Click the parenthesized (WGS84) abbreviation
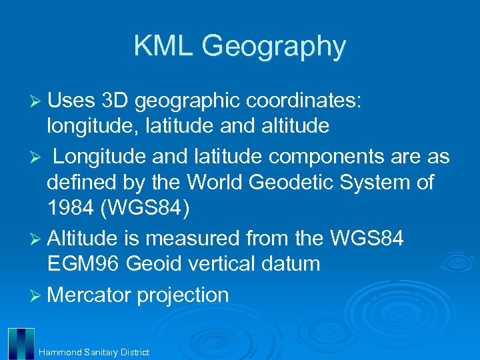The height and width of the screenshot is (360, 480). click(145, 208)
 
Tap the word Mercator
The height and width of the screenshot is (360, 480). click(89, 294)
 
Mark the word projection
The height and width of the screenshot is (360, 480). click(183, 295)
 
